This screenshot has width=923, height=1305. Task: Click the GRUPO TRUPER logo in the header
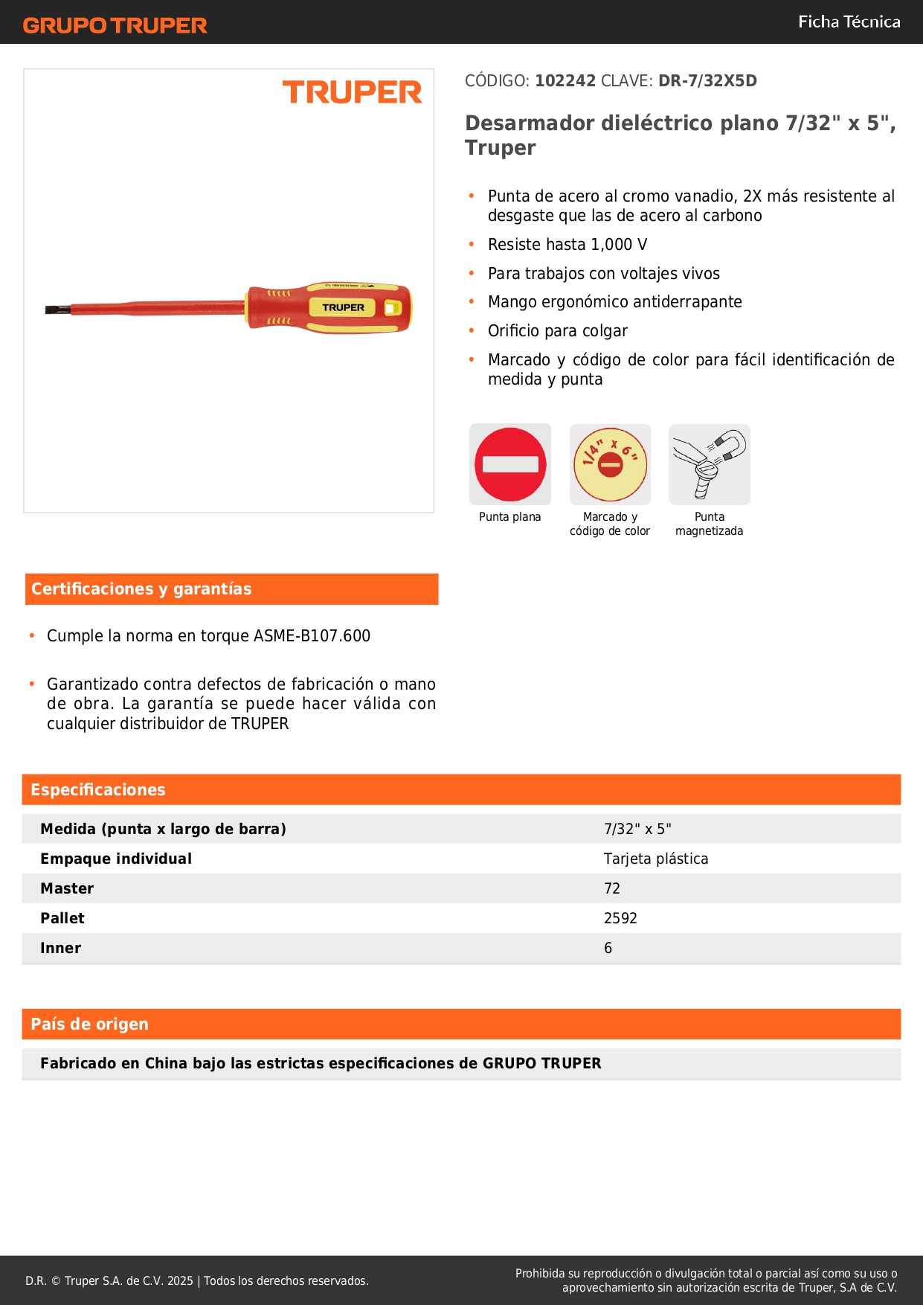point(115,25)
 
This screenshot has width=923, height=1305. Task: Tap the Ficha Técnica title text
point(849,22)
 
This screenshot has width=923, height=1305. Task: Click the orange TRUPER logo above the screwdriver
point(352,92)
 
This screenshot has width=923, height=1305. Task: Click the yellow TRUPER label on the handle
point(343,307)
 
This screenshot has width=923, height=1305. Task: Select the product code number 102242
point(565,80)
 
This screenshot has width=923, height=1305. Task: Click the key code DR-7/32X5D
point(707,80)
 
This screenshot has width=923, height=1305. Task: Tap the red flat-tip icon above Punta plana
point(510,464)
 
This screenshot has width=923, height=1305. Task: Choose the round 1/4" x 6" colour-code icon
point(610,464)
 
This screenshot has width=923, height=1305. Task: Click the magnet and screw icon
point(710,464)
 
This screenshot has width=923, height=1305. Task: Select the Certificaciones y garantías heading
point(141,589)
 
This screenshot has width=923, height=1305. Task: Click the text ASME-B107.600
point(312,636)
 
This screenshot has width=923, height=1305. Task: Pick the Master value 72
point(612,888)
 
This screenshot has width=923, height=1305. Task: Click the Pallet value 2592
point(620,918)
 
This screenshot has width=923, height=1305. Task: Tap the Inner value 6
point(608,948)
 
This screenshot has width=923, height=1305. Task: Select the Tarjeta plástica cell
point(656,859)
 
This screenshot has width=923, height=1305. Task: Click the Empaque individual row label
point(116,859)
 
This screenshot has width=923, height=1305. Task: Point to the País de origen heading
point(89,1025)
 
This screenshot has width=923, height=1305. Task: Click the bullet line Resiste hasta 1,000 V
point(567,245)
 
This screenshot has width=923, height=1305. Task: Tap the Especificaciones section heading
point(98,790)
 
